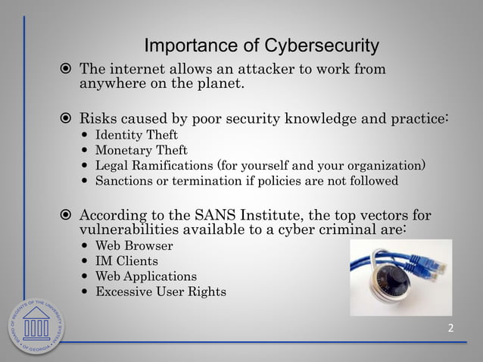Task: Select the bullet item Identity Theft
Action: click(136, 136)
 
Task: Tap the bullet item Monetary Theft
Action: click(141, 151)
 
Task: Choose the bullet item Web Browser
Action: click(134, 246)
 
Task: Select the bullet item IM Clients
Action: click(126, 261)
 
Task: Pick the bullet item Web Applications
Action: click(145, 276)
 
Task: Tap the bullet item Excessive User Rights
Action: click(160, 292)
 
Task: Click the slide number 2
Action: click(451, 328)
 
